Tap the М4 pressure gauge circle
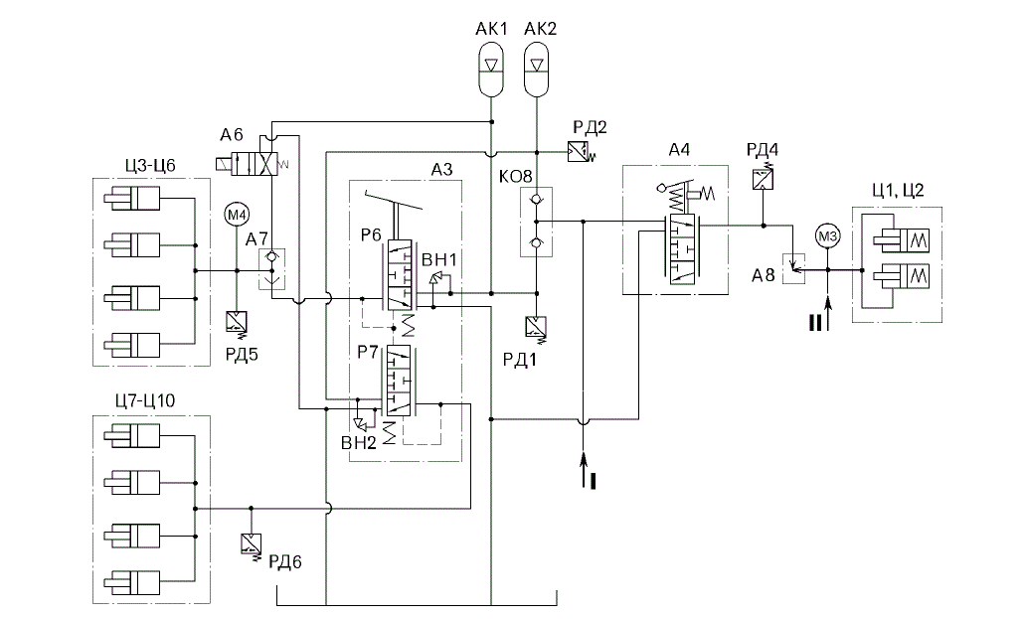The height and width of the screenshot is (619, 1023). pyautogui.click(x=237, y=214)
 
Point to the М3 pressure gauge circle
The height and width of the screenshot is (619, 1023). pyautogui.click(x=827, y=236)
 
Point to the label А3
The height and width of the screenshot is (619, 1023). pyautogui.click(x=441, y=170)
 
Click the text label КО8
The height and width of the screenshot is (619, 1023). pyautogui.click(x=515, y=176)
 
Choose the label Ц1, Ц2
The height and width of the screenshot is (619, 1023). pyautogui.click(x=898, y=190)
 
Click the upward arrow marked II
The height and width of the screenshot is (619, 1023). pyautogui.click(x=828, y=314)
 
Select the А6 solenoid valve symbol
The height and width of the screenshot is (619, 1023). pyautogui.click(x=252, y=163)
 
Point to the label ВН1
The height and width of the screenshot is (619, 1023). pyautogui.click(x=439, y=259)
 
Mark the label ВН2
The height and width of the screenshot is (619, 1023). pyautogui.click(x=359, y=443)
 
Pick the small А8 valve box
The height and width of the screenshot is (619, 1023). pyautogui.click(x=793, y=268)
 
